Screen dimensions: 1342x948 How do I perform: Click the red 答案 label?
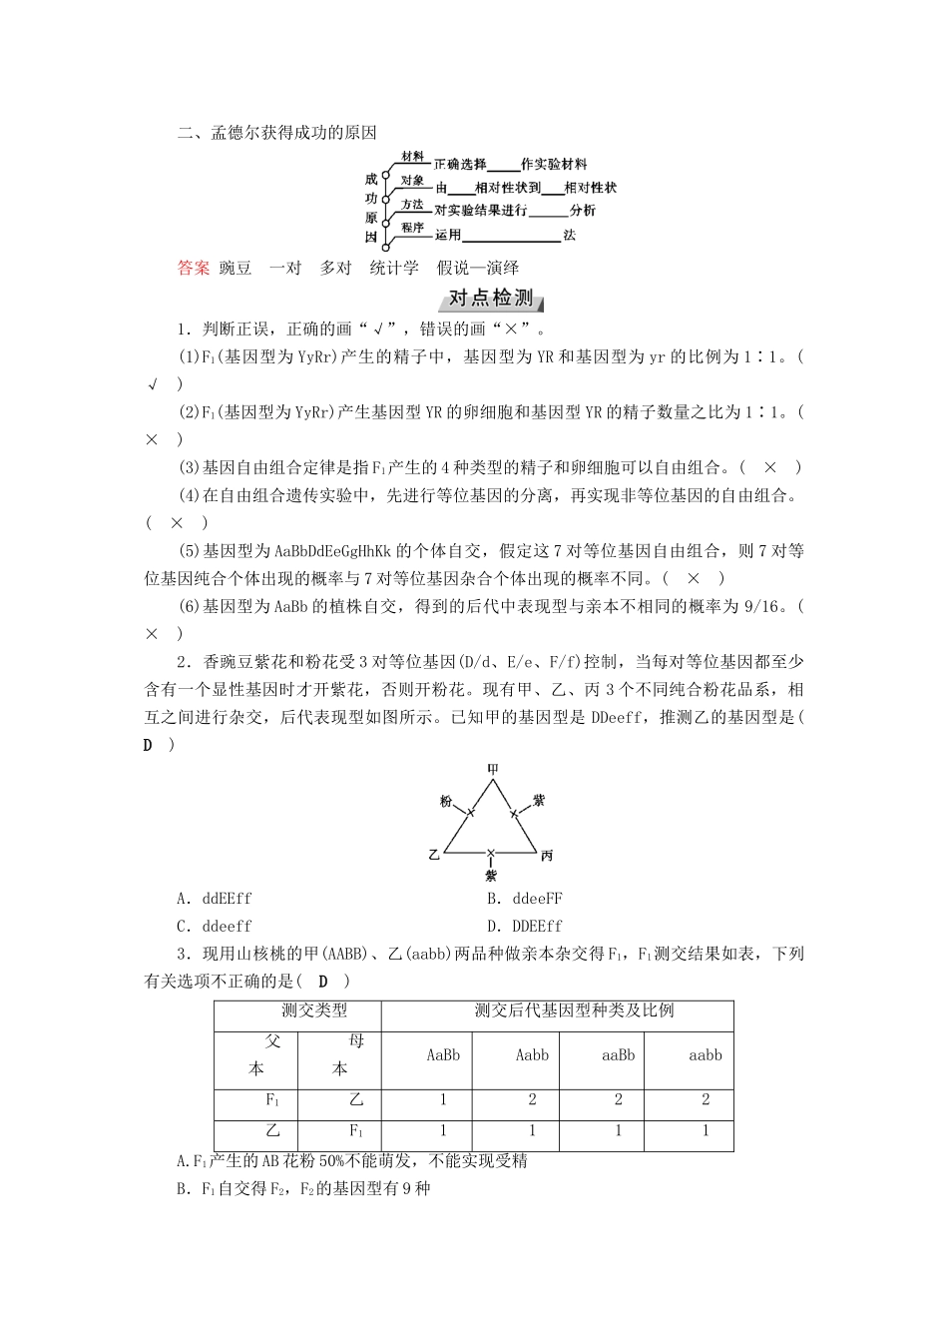point(194,268)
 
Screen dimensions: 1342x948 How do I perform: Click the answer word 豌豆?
point(237,268)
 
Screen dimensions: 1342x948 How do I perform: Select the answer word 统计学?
point(394,268)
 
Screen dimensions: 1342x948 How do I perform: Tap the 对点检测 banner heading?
point(491,299)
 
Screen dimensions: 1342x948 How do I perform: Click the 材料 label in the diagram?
point(412,157)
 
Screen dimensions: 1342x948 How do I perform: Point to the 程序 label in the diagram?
point(412,228)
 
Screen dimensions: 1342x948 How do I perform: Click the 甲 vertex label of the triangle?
point(492,769)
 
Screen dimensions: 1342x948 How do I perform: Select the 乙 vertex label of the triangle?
point(433,855)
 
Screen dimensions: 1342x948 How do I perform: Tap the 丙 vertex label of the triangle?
point(547,856)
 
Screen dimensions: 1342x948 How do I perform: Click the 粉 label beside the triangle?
point(445,802)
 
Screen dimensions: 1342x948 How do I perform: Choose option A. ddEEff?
point(214,898)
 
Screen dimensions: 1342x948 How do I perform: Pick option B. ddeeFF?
point(525,898)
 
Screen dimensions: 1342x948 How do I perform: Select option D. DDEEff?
point(525,926)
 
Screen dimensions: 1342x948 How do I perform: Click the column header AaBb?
point(443,1054)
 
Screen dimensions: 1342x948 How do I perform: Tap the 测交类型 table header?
point(314,1009)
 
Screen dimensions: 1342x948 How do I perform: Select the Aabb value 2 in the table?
point(532,1099)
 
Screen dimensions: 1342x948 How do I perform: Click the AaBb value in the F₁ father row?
point(443,1099)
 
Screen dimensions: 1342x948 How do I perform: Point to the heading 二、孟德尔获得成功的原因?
point(276,133)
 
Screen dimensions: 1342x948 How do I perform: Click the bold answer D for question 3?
point(322,982)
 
